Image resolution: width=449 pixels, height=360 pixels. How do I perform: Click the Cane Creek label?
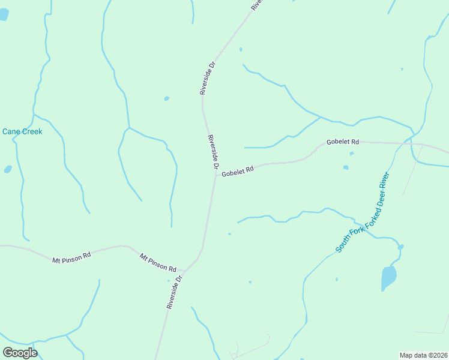(22, 131)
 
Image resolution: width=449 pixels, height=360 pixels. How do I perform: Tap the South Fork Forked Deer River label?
(363, 212)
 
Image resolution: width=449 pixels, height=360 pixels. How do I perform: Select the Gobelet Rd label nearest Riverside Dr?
(238, 172)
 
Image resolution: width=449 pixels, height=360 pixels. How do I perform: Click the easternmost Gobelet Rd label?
(343, 142)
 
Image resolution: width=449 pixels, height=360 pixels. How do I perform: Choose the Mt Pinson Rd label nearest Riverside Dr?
(158, 262)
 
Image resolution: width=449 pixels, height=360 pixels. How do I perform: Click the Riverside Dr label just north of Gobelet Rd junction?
(213, 152)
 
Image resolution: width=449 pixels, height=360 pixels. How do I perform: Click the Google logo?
(20, 352)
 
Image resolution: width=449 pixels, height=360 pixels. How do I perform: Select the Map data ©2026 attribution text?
(424, 355)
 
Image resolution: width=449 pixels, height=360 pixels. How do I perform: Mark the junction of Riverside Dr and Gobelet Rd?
(215, 175)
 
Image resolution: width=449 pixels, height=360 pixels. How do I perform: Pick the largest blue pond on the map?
(389, 278)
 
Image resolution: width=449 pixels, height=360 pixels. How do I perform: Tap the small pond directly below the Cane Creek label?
(8, 169)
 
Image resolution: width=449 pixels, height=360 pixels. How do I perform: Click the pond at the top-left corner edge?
(4, 13)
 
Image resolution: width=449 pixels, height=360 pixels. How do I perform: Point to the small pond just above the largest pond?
(400, 247)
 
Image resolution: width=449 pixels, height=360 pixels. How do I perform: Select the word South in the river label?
(343, 243)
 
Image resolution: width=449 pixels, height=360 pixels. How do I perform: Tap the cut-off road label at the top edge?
(256, 4)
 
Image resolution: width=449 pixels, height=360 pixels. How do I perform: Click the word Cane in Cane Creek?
(12, 131)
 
